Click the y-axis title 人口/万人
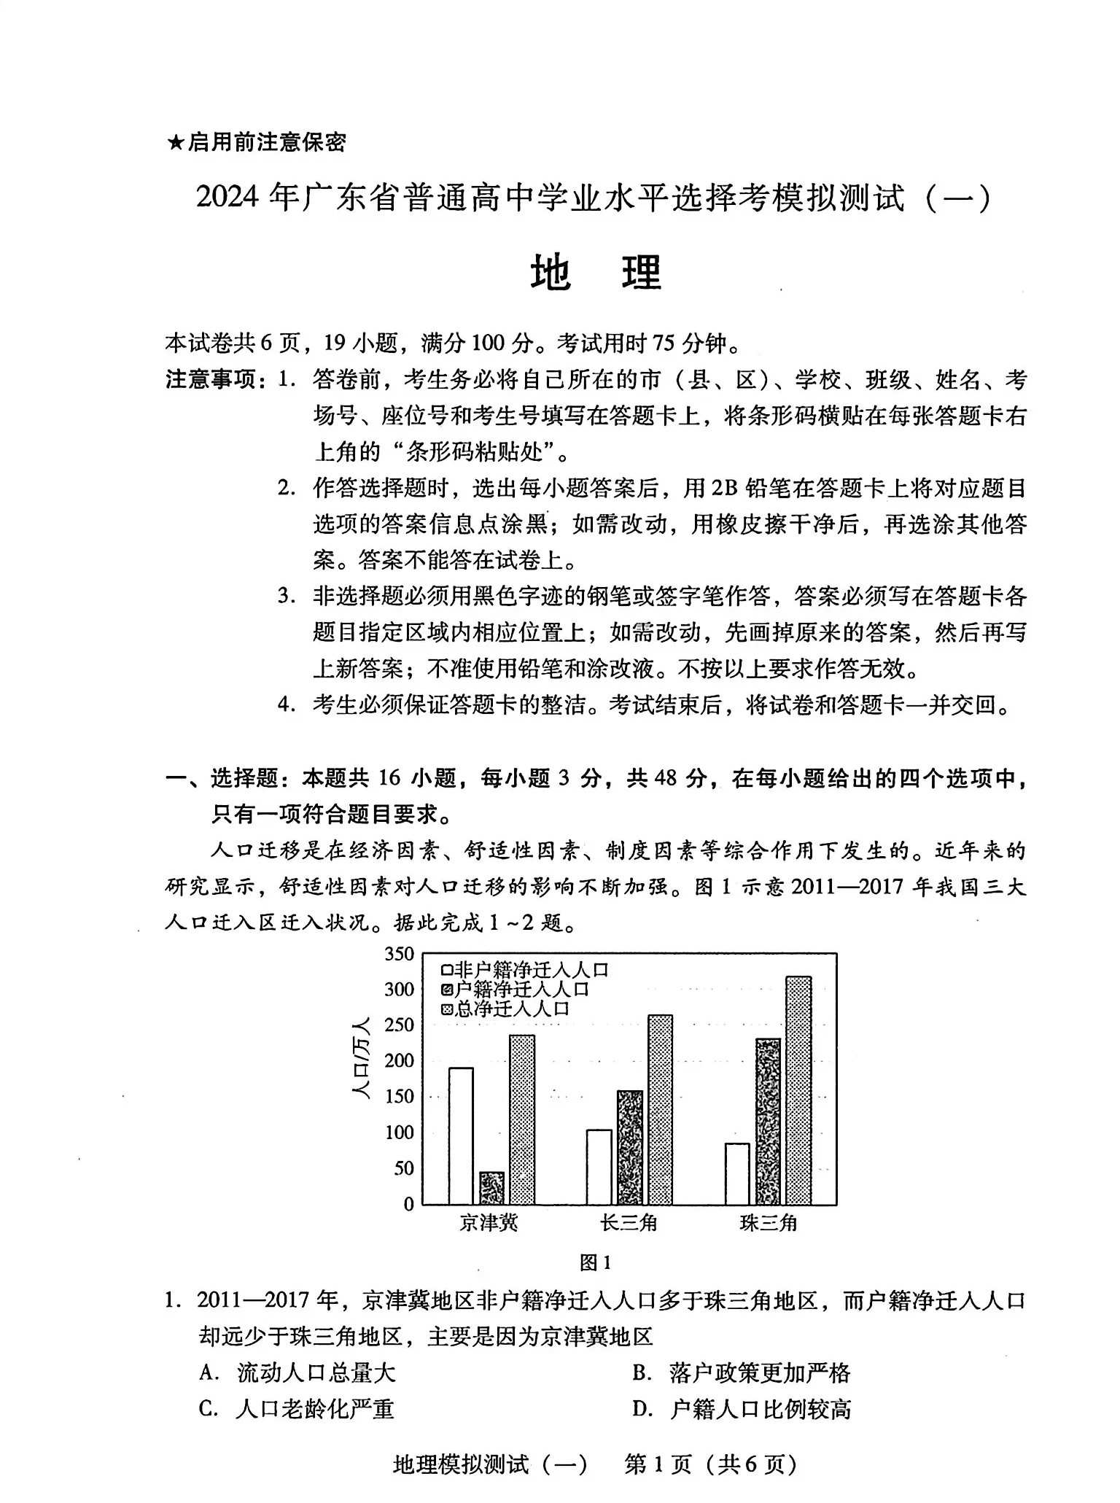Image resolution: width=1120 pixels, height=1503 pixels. click(x=361, y=1057)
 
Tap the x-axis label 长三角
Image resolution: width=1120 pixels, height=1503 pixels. click(x=629, y=1223)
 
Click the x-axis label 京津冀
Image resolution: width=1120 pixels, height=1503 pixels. click(x=489, y=1223)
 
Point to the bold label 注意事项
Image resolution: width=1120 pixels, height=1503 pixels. click(x=216, y=380)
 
